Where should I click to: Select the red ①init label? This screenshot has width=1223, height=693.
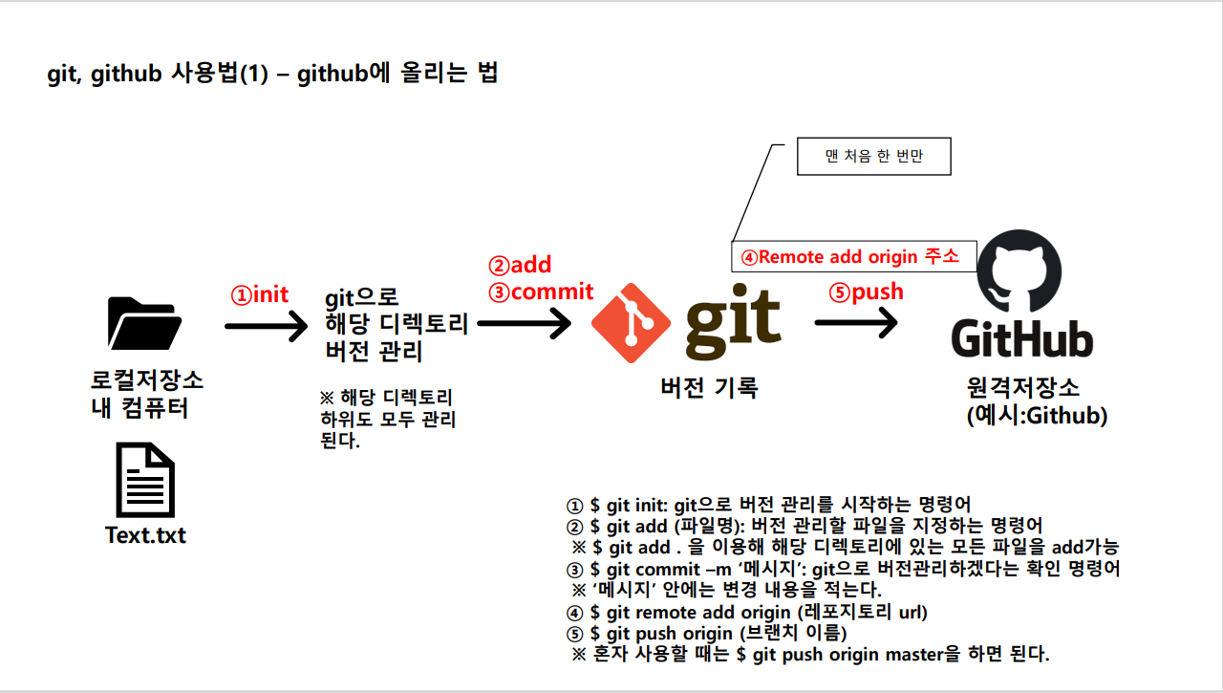tap(260, 294)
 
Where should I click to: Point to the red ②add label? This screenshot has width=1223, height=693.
tap(520, 265)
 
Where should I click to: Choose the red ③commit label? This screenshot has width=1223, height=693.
tap(541, 292)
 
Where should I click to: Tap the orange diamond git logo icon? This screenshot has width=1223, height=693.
tap(630, 321)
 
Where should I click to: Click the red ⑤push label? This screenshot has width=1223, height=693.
tap(867, 292)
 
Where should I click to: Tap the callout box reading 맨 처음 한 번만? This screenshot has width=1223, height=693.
tap(873, 157)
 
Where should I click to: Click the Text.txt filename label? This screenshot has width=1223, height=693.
tap(145, 534)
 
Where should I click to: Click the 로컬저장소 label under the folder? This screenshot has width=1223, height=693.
tap(145, 380)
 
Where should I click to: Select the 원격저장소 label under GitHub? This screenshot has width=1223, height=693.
tap(1023, 388)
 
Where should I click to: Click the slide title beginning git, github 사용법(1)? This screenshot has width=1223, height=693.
tap(272, 74)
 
